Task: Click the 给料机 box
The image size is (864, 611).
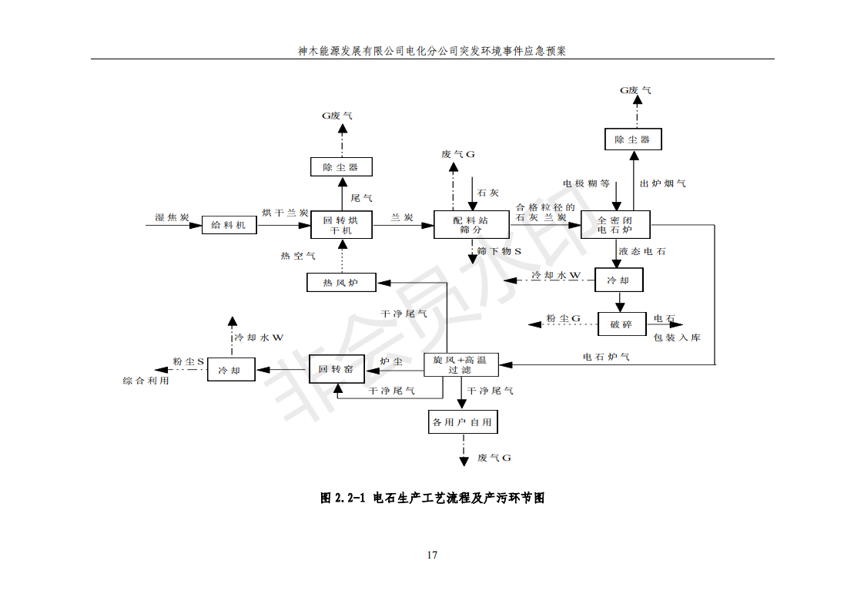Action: point(229,225)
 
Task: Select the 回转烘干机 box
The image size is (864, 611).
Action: point(341,225)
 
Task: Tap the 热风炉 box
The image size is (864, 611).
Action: point(341,283)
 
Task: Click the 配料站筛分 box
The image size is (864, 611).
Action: point(471,224)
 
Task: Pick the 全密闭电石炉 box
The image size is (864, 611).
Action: point(615,224)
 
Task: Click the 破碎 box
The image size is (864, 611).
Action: point(621,324)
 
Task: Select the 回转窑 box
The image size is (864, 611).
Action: point(336,370)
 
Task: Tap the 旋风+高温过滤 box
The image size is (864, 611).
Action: point(460,364)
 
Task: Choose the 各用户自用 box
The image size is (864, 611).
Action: point(461,422)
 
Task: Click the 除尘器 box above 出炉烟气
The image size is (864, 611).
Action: point(631,139)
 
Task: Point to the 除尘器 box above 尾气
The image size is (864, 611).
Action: point(341,166)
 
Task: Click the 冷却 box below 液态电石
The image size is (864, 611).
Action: point(618,280)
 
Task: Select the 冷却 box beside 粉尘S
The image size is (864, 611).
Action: point(230,371)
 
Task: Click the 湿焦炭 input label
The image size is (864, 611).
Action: point(172,218)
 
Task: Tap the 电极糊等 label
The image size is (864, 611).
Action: point(585,183)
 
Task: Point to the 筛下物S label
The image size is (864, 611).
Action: point(499,251)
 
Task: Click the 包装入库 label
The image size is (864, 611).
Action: point(677,337)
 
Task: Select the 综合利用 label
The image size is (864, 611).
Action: point(146,381)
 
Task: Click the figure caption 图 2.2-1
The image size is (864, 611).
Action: point(432,498)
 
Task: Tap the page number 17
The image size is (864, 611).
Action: point(432,555)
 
